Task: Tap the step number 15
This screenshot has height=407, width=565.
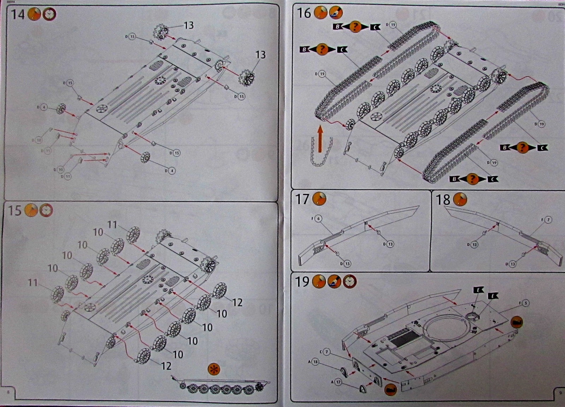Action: (14, 211)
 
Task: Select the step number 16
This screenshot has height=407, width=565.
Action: (304, 13)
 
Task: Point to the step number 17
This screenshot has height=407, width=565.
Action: (302, 199)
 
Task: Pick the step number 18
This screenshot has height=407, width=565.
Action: (443, 200)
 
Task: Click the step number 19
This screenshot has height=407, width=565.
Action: (302, 282)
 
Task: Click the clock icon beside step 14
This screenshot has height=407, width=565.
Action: (49, 14)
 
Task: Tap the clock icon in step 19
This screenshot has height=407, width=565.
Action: (350, 282)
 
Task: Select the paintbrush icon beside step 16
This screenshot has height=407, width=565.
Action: (335, 13)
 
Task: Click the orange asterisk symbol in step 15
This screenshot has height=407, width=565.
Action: (214, 369)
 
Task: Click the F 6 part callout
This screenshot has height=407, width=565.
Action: (317, 219)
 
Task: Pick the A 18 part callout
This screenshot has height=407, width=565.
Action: (314, 361)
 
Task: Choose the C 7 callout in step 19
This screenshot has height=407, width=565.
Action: (325, 352)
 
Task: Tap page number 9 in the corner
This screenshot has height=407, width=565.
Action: (560, 392)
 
